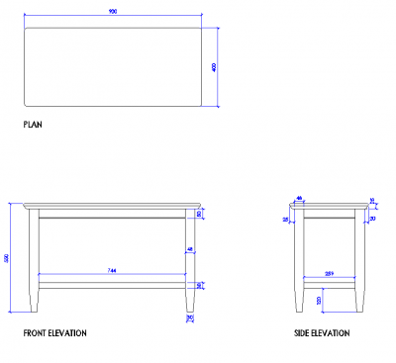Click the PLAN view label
click(33, 126)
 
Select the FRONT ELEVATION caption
click(54, 333)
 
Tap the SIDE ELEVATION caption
click(322, 333)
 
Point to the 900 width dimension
click(113, 13)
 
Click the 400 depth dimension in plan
click(214, 66)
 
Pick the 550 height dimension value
click(8, 258)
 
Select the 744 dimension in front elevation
click(112, 270)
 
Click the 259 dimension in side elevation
click(330, 272)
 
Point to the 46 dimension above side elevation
click(299, 199)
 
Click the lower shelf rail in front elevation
click(112, 284)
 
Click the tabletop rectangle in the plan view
click(113, 66)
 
